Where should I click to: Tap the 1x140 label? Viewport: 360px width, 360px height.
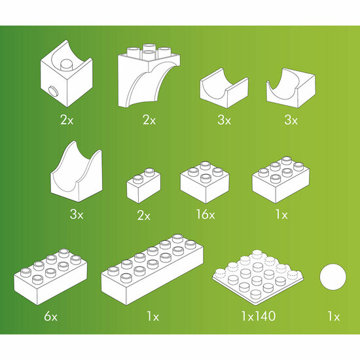(x=257, y=317)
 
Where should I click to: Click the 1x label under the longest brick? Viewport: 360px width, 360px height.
(x=153, y=317)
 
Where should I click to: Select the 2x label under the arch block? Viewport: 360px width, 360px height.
(x=149, y=120)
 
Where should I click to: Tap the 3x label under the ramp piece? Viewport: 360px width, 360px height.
(x=77, y=214)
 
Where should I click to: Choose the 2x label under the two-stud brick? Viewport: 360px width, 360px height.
(x=145, y=214)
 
